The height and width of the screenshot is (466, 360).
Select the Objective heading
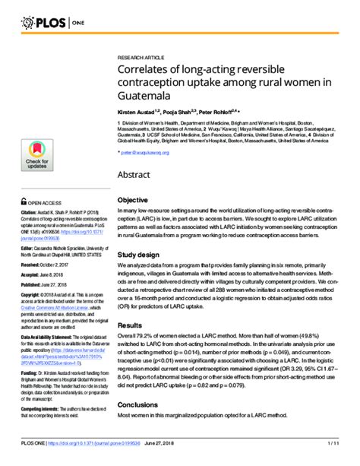[x=132, y=201]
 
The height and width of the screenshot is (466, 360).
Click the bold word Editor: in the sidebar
[x=27, y=249]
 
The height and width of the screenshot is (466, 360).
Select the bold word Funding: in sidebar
[x=30, y=352]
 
